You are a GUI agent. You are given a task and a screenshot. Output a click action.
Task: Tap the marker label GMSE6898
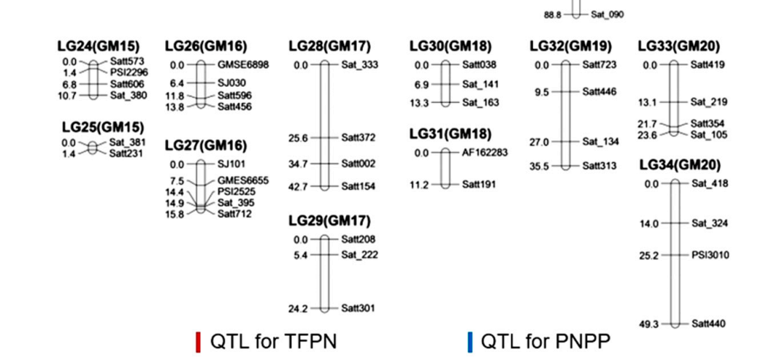click(243, 65)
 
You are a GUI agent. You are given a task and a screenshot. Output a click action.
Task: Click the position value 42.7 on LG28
click(298, 186)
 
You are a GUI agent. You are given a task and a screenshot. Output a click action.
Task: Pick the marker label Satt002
click(358, 164)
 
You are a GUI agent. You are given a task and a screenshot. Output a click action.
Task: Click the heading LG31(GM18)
click(450, 134)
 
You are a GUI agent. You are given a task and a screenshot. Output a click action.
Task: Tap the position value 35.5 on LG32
click(539, 166)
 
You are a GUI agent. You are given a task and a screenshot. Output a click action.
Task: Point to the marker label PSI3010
click(710, 255)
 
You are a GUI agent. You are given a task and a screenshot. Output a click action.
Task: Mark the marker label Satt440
click(708, 323)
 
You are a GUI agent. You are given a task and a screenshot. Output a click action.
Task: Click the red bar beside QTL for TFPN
click(198, 341)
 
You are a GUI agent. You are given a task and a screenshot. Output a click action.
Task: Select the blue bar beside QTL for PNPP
click(469, 341)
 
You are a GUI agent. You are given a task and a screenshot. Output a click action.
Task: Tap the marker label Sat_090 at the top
click(607, 14)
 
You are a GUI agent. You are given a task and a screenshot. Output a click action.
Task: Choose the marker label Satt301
click(358, 309)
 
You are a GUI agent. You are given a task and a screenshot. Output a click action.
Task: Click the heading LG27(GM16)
click(206, 145)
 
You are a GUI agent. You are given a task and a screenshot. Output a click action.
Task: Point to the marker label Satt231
click(127, 154)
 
